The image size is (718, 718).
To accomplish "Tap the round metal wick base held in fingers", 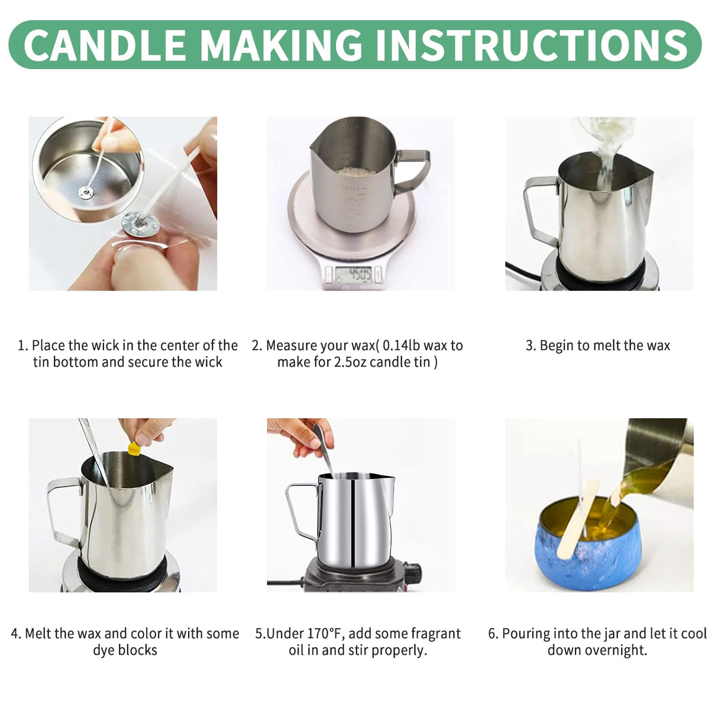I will click(x=134, y=224).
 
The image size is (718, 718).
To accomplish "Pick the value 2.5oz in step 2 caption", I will click(x=351, y=362).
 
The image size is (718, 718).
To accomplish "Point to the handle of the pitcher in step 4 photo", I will click(x=62, y=509).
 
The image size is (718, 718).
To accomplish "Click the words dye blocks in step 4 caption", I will click(x=125, y=650).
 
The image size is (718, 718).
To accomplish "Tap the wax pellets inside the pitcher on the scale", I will click(x=354, y=172).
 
